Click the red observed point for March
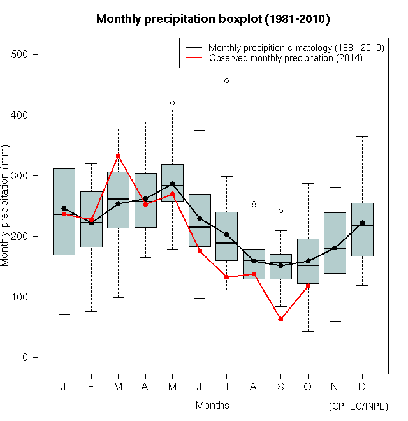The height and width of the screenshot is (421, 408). tap(118, 156)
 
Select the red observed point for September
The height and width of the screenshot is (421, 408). tap(280, 319)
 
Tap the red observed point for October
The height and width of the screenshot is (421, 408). tap(308, 286)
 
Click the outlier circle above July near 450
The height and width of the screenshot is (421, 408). tap(226, 80)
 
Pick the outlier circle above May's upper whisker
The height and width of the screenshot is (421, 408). tap(172, 103)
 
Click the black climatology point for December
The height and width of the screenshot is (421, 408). tap(362, 223)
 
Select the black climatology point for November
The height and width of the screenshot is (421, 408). tap(335, 247)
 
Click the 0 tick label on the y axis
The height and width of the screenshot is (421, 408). tap(25, 358)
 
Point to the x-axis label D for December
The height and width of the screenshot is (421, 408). tap(362, 387)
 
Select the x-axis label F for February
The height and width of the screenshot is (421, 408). tap(91, 387)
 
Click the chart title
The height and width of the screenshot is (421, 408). tap(213, 19)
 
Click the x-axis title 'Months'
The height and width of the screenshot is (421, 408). tap(212, 405)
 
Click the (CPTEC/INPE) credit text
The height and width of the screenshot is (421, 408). tap(358, 406)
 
